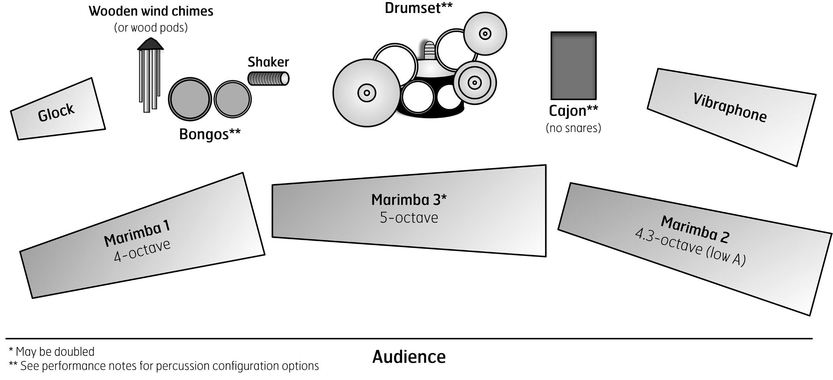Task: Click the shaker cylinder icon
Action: coord(269,79)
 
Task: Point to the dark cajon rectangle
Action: coord(573,65)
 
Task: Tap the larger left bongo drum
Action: coord(190,99)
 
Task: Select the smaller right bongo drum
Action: coord(232,99)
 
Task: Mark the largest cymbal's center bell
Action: coord(367,93)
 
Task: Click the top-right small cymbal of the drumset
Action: coord(485,34)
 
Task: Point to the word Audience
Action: coord(409,357)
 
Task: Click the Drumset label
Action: coord(418,8)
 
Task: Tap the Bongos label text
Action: coord(209,134)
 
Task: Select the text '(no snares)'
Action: coord(573,128)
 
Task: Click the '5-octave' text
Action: coord(409,217)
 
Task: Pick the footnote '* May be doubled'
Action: coord(51,352)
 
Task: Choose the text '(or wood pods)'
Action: coord(151,28)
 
